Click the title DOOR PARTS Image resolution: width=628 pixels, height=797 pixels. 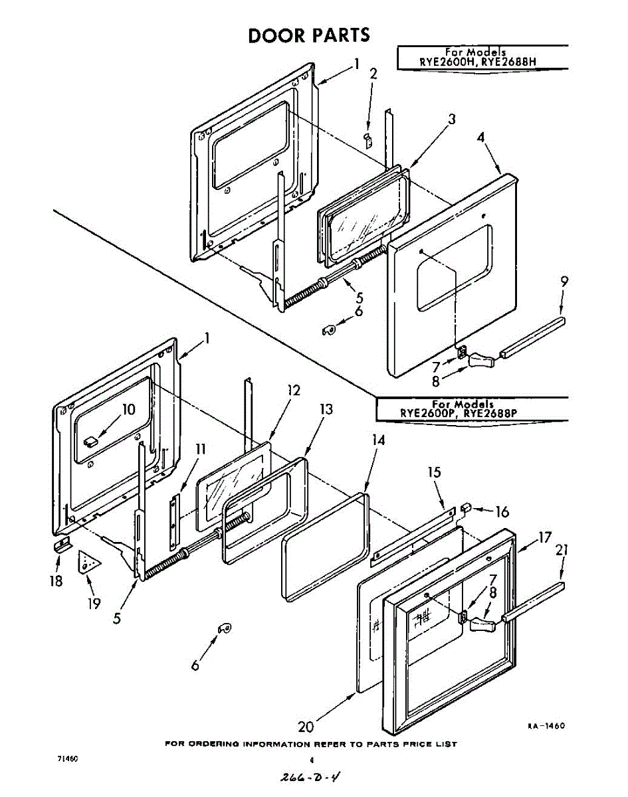[308, 35]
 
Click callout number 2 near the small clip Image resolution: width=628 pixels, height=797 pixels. [373, 74]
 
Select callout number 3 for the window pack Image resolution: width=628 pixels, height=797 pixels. [451, 120]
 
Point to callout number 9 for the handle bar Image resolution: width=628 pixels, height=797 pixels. [564, 282]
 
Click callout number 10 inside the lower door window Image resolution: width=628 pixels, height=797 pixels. [128, 409]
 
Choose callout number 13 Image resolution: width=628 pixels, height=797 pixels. [325, 409]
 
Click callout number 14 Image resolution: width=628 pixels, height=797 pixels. [378, 440]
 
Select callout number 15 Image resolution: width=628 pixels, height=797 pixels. [433, 473]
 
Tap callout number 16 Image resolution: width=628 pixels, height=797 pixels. [502, 511]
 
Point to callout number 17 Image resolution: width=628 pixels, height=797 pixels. [545, 537]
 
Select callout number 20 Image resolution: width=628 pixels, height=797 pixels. [305, 726]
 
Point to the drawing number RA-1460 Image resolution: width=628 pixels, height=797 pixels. [546, 726]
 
